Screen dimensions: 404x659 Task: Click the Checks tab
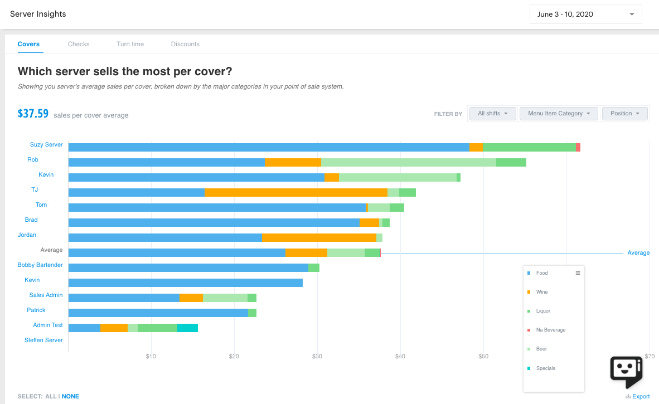coord(79,44)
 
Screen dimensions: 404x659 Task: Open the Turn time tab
coord(130,44)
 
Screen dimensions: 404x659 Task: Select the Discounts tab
coord(185,44)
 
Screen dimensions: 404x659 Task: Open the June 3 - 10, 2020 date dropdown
coord(585,14)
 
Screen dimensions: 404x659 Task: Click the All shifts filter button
coord(493,114)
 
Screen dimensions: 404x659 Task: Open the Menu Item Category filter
coord(559,114)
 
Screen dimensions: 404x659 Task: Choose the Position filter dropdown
coord(624,114)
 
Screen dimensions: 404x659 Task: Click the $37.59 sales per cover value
coord(33,114)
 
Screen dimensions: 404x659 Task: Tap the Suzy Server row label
coord(46,145)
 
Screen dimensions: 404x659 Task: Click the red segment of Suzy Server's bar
coord(578,147)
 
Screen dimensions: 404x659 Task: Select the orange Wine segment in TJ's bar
coord(295,192)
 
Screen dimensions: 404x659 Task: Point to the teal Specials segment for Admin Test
coord(187,328)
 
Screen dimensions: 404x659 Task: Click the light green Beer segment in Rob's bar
coord(408,162)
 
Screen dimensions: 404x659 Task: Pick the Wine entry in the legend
coord(542,292)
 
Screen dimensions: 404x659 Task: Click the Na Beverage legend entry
coord(550,330)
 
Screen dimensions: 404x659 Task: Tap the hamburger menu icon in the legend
coord(578,273)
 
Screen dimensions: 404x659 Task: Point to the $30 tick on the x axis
coord(317,356)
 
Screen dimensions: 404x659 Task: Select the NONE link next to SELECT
coord(70,397)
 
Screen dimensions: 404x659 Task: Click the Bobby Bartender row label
coord(40,265)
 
